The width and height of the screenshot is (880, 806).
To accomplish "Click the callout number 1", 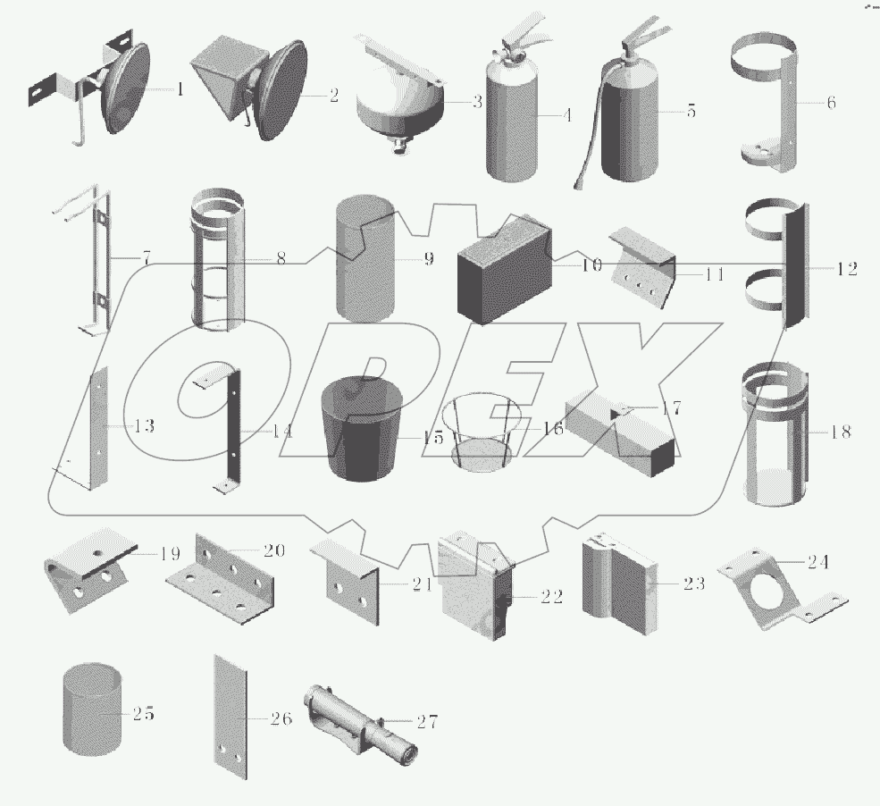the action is pyautogui.click(x=180, y=88).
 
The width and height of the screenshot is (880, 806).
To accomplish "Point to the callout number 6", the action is pyautogui.click(x=831, y=102).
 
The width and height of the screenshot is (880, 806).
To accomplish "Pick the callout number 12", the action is pyautogui.click(x=847, y=269).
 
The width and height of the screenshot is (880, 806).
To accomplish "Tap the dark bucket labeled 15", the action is pyautogui.click(x=362, y=429).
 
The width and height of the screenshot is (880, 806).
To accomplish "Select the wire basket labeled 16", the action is pyautogui.click(x=483, y=432).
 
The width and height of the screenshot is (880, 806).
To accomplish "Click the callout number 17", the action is pyautogui.click(x=671, y=408).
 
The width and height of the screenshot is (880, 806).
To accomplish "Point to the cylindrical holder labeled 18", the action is pyautogui.click(x=775, y=434).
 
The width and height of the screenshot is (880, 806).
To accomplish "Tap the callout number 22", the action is pyautogui.click(x=551, y=596).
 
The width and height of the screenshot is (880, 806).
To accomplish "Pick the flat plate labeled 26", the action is pyautogui.click(x=230, y=717).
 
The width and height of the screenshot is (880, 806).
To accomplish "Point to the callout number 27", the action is pyautogui.click(x=427, y=721).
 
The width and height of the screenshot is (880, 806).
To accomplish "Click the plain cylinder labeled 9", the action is pyautogui.click(x=365, y=259).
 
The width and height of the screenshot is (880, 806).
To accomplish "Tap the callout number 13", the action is pyautogui.click(x=144, y=426).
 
